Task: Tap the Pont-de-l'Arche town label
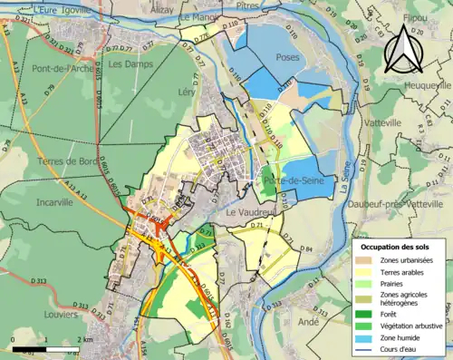pos(45,69)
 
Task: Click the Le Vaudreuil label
pos(249,212)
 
